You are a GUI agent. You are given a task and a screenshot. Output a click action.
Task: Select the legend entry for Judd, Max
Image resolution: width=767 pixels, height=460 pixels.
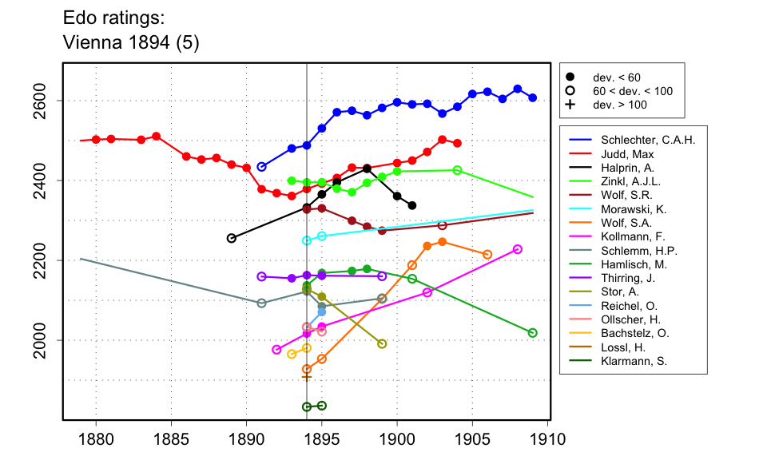[621, 154]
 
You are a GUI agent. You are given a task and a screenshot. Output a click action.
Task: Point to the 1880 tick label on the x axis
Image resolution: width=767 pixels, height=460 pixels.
[96, 438]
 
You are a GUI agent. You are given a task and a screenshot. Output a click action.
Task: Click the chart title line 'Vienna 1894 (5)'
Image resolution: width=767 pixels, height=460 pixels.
[130, 44]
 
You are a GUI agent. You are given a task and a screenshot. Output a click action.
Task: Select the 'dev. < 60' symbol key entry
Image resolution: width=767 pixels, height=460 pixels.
[616, 77]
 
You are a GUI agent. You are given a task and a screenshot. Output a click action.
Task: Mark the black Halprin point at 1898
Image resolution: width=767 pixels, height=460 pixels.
[367, 169]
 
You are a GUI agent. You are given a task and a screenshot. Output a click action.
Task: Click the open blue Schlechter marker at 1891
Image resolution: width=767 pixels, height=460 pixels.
[261, 167]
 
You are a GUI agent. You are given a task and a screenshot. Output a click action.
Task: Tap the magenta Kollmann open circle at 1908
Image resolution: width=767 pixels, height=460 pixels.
[517, 249]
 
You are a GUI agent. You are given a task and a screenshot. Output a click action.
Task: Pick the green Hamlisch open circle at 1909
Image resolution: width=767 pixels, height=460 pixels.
[533, 333]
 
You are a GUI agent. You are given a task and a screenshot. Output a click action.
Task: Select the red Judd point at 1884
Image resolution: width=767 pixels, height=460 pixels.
[157, 136]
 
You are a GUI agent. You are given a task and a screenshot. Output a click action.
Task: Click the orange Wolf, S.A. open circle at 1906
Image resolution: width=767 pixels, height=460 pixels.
[487, 254]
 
